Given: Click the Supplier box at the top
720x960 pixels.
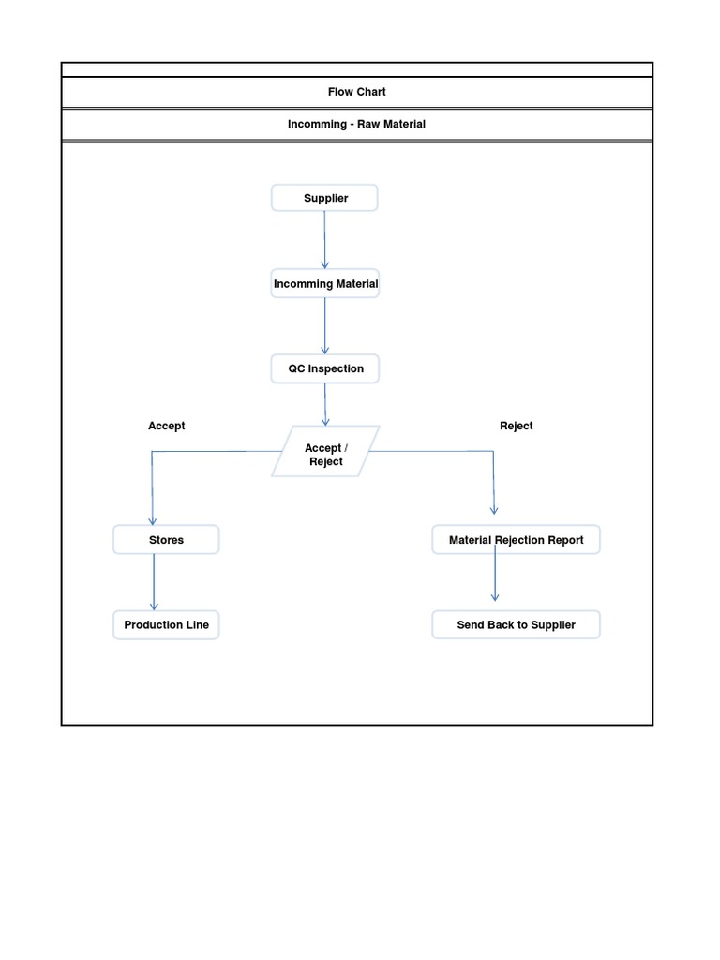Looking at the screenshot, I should pyautogui.click(x=324, y=198).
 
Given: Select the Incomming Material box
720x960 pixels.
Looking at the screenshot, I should pyautogui.click(x=325, y=284).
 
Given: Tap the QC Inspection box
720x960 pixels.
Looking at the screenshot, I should pyautogui.click(x=325, y=368).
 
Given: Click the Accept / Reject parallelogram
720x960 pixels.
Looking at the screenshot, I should pyautogui.click(x=325, y=455).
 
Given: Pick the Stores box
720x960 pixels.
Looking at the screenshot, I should pyautogui.click(x=166, y=540).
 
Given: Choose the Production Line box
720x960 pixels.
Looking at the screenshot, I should pyautogui.click(x=166, y=624).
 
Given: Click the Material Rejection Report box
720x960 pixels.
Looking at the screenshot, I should pyautogui.click(x=516, y=540).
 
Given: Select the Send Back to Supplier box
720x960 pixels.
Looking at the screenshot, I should pyautogui.click(x=516, y=624).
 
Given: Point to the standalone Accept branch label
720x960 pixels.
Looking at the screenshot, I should pyautogui.click(x=166, y=426).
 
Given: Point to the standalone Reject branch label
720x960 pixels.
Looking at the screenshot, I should pyautogui.click(x=516, y=426).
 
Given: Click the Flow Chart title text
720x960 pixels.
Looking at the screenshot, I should pyautogui.click(x=356, y=92).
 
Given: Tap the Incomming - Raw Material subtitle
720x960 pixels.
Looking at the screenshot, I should pyautogui.click(x=356, y=124).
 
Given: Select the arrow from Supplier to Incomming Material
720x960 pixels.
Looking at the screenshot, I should pyautogui.click(x=325, y=239).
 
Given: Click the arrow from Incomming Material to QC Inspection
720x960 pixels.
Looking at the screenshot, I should pyautogui.click(x=325, y=325).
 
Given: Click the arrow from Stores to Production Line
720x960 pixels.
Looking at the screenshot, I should pyautogui.click(x=154, y=581).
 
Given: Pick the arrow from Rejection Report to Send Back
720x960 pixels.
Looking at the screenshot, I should pyautogui.click(x=495, y=574).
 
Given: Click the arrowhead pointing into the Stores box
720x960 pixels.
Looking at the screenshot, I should pyautogui.click(x=153, y=520).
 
